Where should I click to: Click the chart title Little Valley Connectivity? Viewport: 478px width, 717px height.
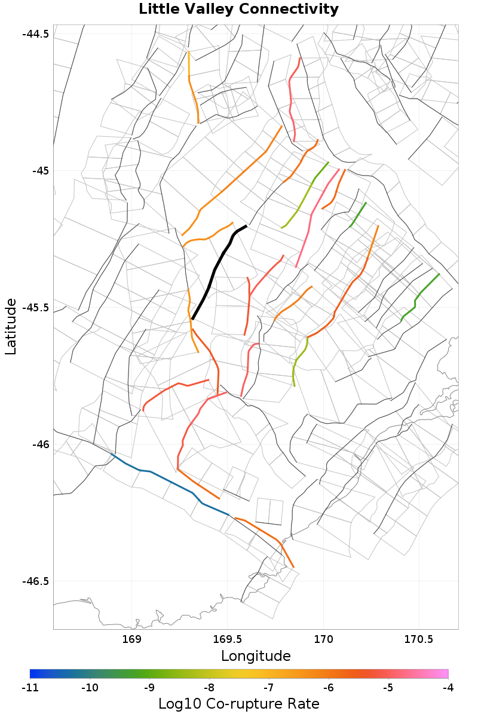[238, 10]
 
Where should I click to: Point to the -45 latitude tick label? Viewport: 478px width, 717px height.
[39, 171]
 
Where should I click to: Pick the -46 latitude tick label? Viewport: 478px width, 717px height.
[39, 445]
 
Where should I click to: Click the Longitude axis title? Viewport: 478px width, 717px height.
[256, 656]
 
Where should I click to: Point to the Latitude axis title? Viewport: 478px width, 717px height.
[11, 327]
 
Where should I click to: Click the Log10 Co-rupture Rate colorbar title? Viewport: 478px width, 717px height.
[238, 704]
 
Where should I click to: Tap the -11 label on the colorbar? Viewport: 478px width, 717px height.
[30, 688]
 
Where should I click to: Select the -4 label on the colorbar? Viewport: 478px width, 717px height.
[448, 688]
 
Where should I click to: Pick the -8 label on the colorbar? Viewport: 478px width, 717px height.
[209, 688]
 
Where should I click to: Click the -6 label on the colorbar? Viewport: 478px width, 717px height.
[328, 688]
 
